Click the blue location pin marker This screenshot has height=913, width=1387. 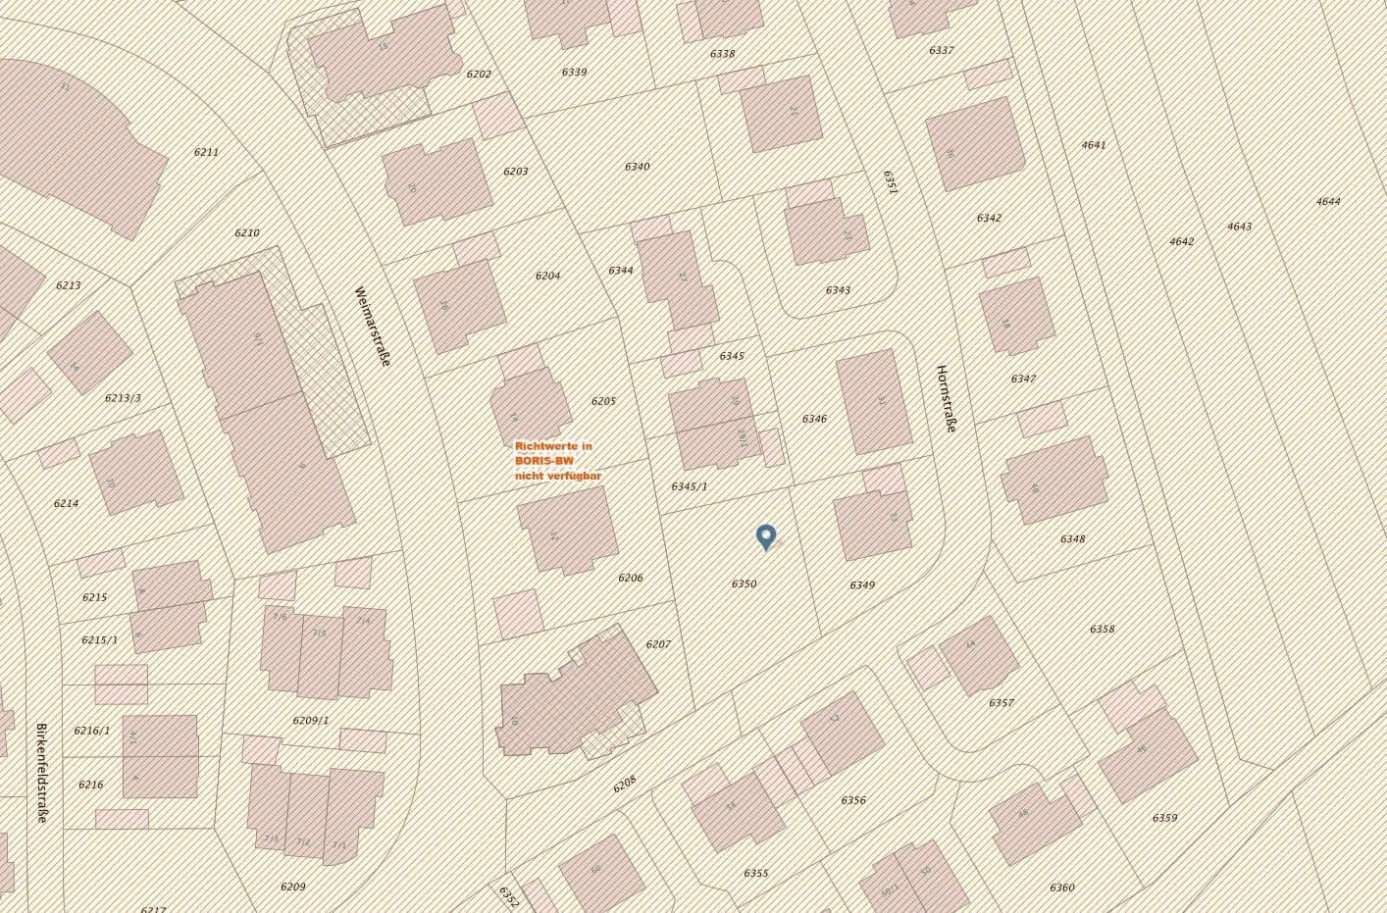766,535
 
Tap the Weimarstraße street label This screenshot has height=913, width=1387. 374,327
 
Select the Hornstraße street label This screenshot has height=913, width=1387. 946,398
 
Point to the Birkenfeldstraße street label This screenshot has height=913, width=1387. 41,773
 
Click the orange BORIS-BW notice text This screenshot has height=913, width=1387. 558,460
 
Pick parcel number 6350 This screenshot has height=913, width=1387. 744,583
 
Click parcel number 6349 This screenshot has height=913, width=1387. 861,585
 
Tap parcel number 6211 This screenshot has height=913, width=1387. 206,152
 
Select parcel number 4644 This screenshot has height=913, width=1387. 1328,202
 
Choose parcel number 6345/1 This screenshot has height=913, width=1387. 689,486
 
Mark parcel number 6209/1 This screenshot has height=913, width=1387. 311,721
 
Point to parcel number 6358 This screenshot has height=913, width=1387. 1102,630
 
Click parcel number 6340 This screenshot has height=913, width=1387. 637,167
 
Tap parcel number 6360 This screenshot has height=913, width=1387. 1061,888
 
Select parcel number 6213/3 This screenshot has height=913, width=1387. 123,398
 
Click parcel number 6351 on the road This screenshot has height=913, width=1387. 891,181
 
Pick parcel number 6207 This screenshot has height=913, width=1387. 658,644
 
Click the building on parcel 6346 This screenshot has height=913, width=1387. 874,401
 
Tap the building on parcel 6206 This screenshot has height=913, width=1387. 567,530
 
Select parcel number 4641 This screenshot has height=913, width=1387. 1093,145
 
